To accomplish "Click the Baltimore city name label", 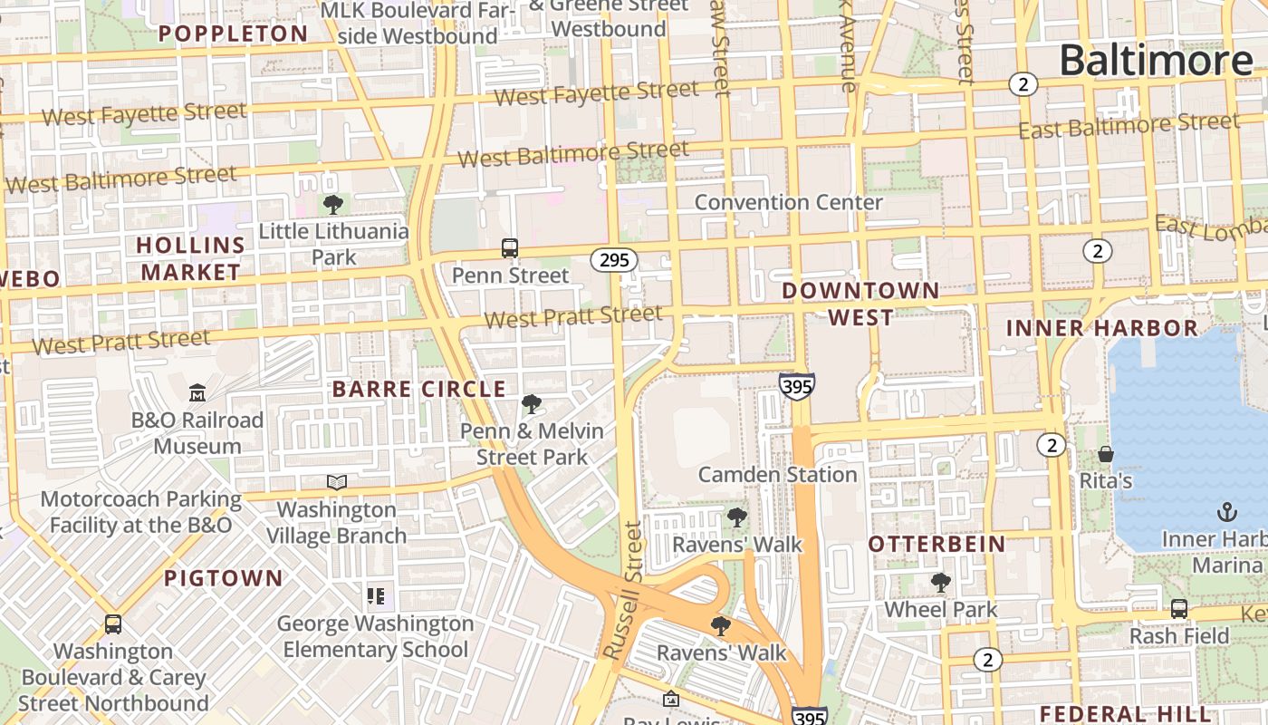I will click(1156, 61).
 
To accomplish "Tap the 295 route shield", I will click(614, 260).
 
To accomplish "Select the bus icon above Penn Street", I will click(510, 247).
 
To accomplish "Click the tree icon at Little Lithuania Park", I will click(333, 204).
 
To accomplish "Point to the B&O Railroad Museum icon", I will click(197, 392).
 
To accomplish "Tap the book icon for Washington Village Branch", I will click(337, 482).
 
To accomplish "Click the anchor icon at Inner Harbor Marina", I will click(1226, 512).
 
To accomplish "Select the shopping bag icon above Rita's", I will click(1105, 453).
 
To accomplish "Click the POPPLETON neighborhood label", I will click(234, 34).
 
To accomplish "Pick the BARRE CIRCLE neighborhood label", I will click(418, 390).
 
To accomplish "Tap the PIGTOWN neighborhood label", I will click(224, 577).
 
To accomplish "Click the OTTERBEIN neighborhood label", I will click(937, 544).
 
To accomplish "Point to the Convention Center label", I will click(788, 202).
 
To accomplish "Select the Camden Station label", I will click(777, 474).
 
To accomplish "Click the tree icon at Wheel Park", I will click(941, 583).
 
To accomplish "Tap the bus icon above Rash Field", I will click(1179, 608).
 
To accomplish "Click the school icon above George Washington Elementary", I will click(376, 595).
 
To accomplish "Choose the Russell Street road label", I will click(625, 589).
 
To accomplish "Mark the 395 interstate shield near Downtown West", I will click(796, 387).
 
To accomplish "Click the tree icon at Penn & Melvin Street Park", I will click(532, 404).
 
